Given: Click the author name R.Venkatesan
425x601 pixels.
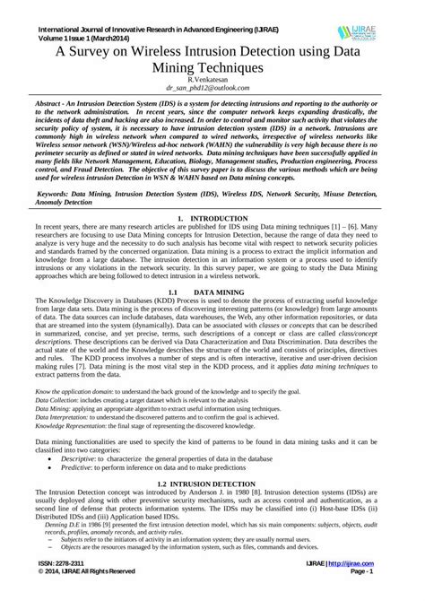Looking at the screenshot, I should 212,81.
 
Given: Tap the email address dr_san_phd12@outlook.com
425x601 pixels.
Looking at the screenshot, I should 212,91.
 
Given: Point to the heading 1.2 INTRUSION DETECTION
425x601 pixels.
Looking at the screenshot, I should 212,483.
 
